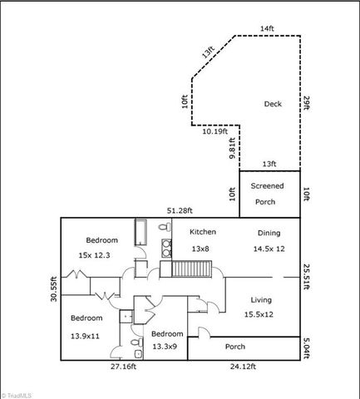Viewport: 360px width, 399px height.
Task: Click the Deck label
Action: [x=273, y=104]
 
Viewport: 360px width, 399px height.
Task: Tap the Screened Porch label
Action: [x=268, y=193]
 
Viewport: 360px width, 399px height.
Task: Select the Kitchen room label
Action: [x=203, y=232]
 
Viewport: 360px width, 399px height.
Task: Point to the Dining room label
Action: [x=269, y=234]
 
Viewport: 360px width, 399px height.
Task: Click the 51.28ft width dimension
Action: [x=180, y=210]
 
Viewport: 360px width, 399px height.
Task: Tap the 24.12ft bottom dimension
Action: [x=244, y=367]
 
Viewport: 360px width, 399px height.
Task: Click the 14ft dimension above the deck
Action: [x=266, y=29]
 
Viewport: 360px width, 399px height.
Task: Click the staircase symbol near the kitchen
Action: [x=193, y=269]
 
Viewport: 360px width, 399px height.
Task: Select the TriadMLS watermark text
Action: [x=21, y=392]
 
